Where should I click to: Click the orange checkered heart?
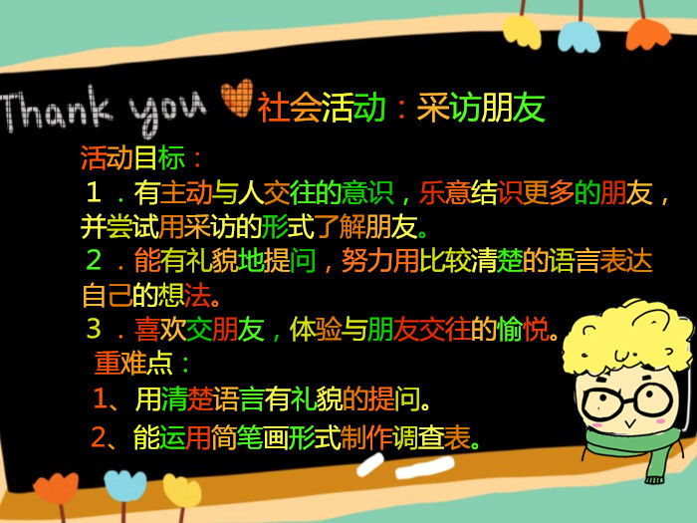(x=237, y=98)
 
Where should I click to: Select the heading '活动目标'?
(x=132, y=157)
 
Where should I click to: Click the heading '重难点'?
(x=133, y=363)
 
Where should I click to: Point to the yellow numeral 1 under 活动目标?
(x=94, y=192)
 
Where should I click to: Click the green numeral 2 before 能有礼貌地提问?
(x=94, y=260)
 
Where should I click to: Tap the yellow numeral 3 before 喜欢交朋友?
(x=94, y=328)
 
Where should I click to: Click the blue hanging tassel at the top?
(x=579, y=36)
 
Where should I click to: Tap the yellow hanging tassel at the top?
(x=522, y=30)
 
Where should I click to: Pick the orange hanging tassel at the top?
(x=647, y=34)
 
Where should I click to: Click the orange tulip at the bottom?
(x=56, y=488)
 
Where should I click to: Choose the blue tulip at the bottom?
(x=124, y=486)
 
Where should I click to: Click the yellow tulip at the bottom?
(x=182, y=490)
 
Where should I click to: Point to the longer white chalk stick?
(x=425, y=468)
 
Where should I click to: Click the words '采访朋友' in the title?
(x=481, y=108)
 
